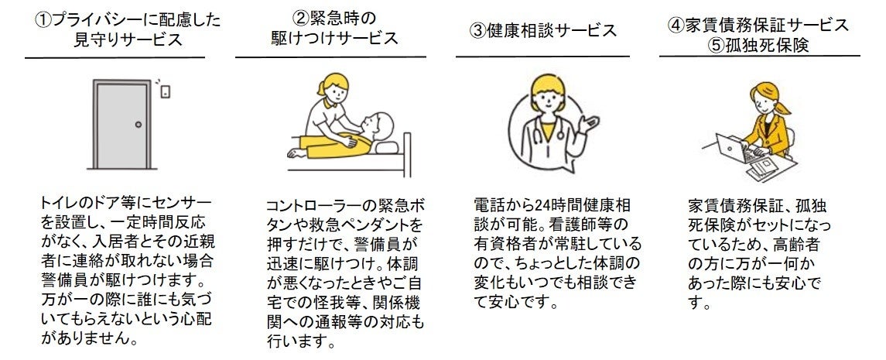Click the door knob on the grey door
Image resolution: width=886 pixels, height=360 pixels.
pos(138,125)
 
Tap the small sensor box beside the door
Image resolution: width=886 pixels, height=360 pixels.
pos(165,91)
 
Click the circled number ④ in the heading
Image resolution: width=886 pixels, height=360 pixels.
pos(676,25)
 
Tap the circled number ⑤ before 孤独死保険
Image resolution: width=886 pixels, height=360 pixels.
pos(718,45)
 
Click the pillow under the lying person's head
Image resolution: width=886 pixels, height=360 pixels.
pos(386,147)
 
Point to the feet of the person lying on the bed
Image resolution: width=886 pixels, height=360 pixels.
pos(293,153)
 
